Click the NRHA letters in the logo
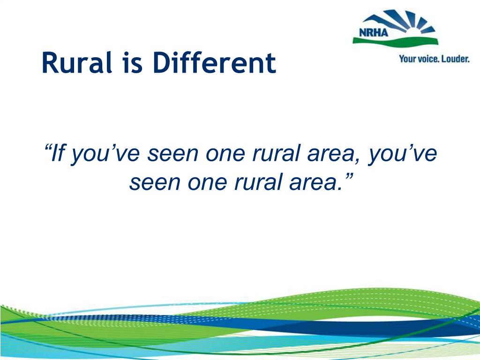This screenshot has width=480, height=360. click(373, 32)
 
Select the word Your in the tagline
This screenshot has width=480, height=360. click(405, 59)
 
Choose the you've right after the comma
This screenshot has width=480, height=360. click(402, 154)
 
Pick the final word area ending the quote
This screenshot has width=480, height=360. click(314, 182)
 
